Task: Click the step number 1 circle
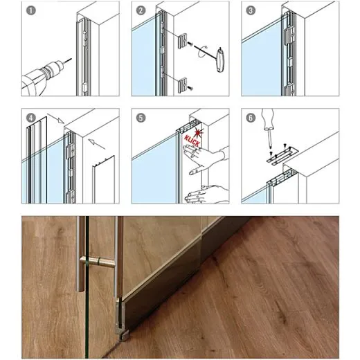[x=30, y=10]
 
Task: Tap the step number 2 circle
[x=141, y=10]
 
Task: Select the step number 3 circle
[x=250, y=10]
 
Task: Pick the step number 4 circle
[x=30, y=118]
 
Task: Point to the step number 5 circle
[x=141, y=118]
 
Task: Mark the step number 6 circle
[x=250, y=118]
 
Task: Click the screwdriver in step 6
[x=269, y=128]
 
